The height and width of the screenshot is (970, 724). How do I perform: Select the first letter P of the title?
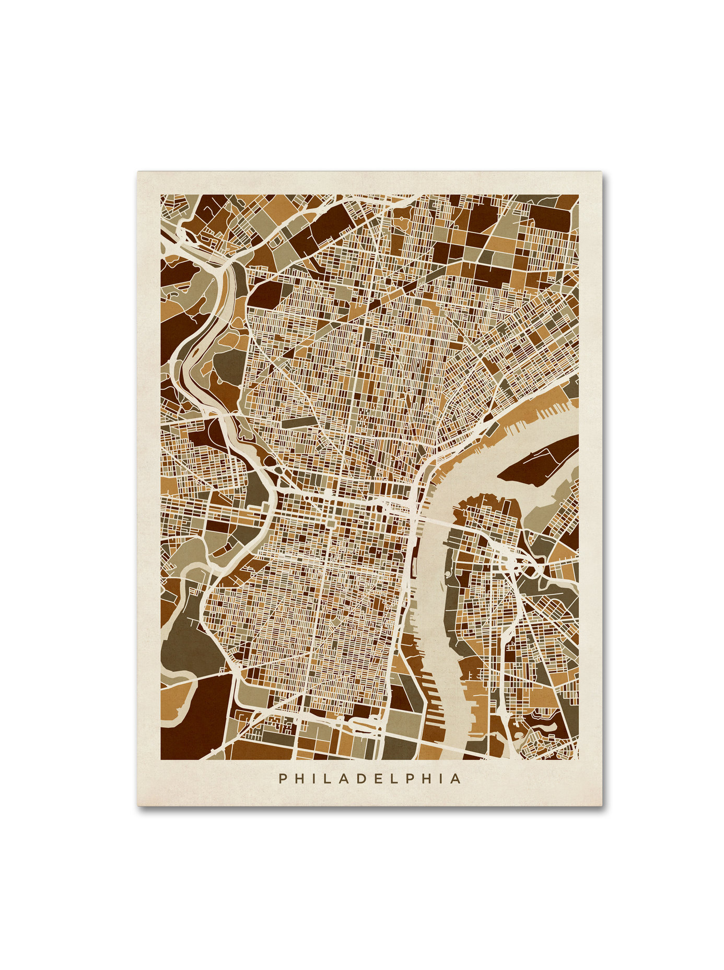(283, 779)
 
